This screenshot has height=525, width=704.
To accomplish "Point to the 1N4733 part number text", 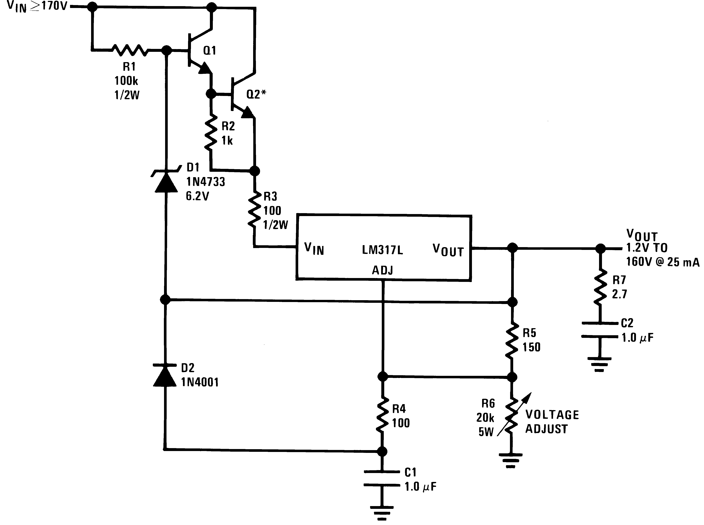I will point(205,182).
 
